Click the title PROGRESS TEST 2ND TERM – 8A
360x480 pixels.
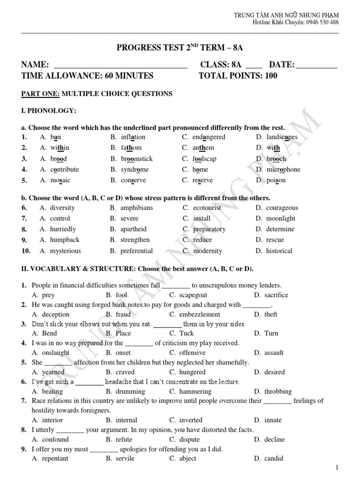click(x=180, y=48)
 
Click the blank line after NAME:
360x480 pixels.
click(x=121, y=66)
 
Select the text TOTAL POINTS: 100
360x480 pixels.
click(x=238, y=75)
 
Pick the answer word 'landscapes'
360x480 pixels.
click(x=282, y=137)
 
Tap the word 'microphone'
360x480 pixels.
click(x=284, y=169)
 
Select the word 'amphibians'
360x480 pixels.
click(x=136, y=208)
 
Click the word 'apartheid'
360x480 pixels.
click(x=134, y=229)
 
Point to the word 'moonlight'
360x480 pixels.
click(x=281, y=218)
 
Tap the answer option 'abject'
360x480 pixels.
click(x=188, y=458)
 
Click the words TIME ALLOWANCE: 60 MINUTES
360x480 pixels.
click(x=87, y=75)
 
